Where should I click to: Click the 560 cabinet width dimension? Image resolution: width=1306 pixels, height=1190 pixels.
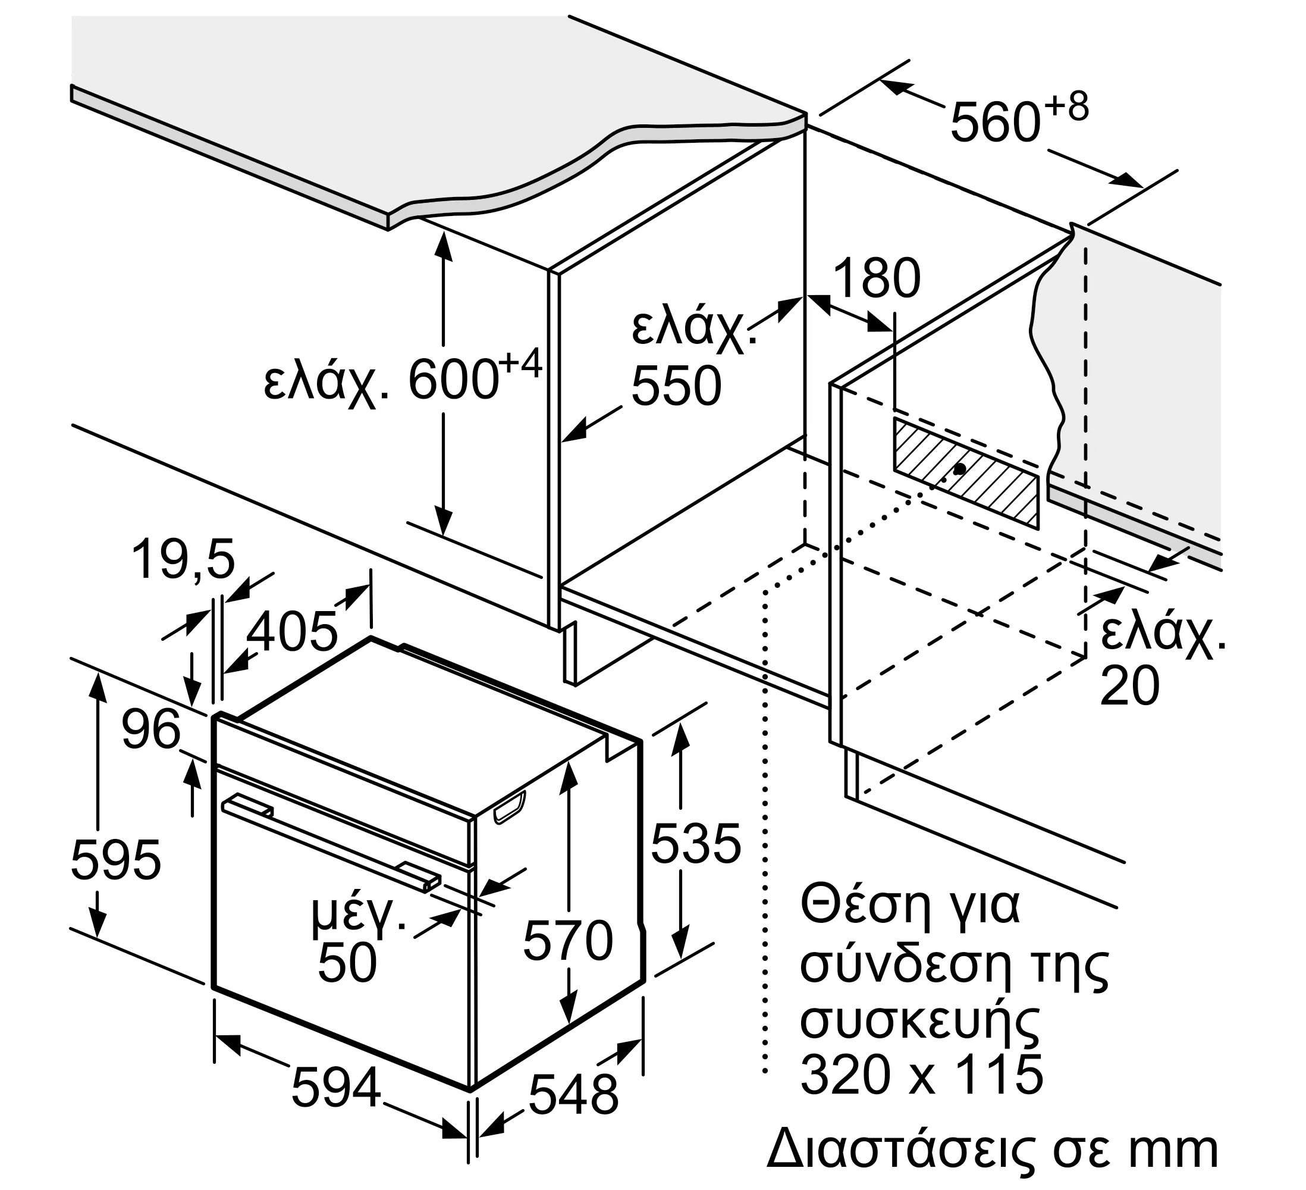click(x=995, y=123)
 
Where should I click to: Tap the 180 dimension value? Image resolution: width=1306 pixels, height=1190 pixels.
click(x=877, y=278)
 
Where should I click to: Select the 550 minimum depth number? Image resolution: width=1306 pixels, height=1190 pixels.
click(x=676, y=386)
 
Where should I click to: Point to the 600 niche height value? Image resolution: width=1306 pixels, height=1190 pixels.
click(x=453, y=381)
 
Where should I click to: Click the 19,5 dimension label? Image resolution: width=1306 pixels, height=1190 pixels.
click(x=183, y=560)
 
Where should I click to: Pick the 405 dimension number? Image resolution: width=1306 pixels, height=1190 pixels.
click(x=292, y=631)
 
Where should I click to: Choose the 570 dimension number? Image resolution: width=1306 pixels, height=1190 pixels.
click(x=567, y=941)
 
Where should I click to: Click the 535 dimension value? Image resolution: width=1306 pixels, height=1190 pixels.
click(x=696, y=844)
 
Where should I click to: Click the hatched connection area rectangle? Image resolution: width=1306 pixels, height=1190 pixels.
click(x=966, y=472)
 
